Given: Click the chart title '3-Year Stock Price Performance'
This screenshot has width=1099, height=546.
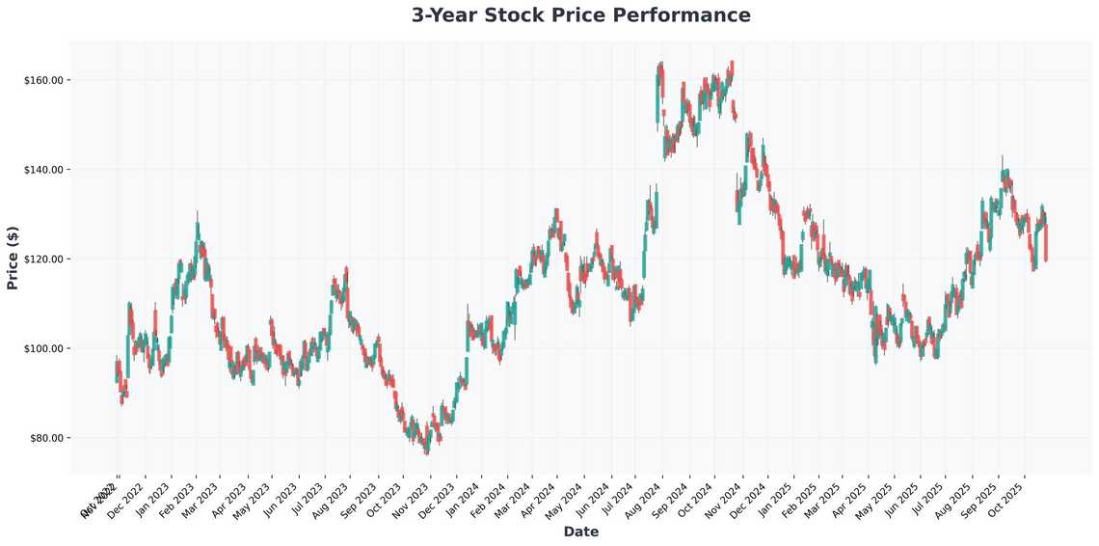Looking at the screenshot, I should point(580,15).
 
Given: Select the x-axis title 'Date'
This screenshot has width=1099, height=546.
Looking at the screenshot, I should point(581,532).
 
